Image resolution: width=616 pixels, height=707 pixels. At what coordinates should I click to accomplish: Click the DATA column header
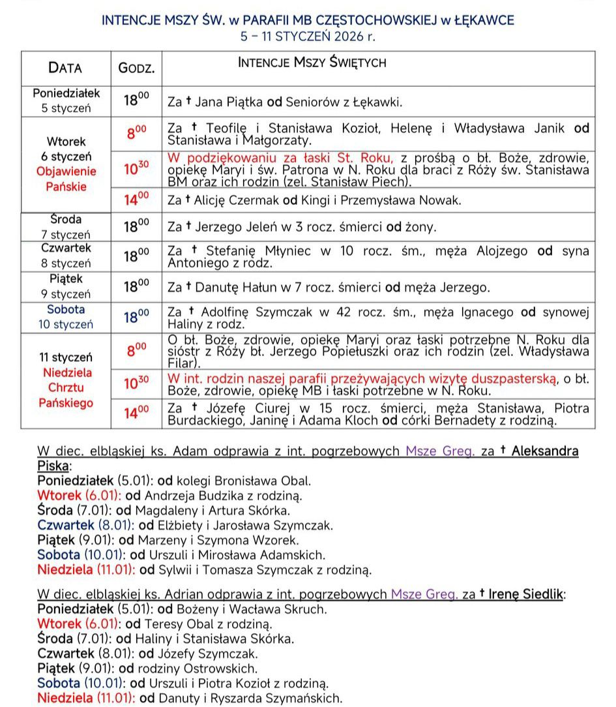pyautogui.click(x=65, y=68)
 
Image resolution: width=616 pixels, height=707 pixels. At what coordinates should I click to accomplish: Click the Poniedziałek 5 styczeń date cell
pyautogui.click(x=66, y=101)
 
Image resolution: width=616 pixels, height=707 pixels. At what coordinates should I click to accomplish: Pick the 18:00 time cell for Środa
pyautogui.click(x=136, y=226)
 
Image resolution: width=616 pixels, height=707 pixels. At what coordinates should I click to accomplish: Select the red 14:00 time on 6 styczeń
pyautogui.click(x=136, y=200)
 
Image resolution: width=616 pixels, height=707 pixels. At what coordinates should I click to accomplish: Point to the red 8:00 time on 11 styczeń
pyautogui.click(x=136, y=350)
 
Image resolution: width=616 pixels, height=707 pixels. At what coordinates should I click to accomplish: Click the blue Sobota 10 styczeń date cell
pyautogui.click(x=66, y=316)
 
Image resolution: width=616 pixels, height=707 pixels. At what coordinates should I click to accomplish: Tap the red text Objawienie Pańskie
pyautogui.click(x=66, y=179)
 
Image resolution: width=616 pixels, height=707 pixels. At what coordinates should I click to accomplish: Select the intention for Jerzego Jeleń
pyautogui.click(x=301, y=227)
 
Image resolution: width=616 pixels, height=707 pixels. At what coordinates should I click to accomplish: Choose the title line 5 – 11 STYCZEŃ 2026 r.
pyautogui.click(x=308, y=37)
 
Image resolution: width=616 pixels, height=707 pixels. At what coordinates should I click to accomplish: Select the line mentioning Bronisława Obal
pyautogui.click(x=174, y=481)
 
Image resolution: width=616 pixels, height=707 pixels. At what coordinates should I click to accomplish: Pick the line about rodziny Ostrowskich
pyautogui.click(x=147, y=669)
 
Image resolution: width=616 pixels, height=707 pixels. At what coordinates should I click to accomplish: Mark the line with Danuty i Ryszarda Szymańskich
pyautogui.click(x=190, y=699)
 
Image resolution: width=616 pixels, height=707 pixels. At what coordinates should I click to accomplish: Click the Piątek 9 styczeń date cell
pyautogui.click(x=66, y=286)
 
